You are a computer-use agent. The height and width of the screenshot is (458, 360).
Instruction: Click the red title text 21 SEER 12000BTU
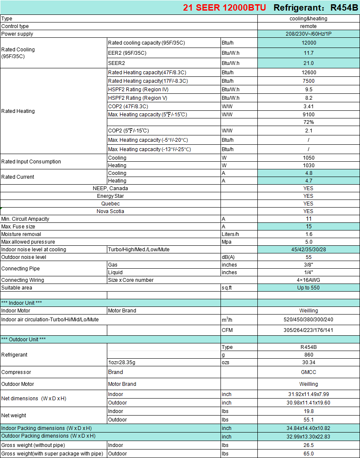(x=225, y=8)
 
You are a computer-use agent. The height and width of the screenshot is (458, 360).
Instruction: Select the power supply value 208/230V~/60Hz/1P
(x=308, y=34)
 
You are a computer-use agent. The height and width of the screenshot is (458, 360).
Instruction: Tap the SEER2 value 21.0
(x=308, y=63)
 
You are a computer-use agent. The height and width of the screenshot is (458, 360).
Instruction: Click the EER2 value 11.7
(x=308, y=53)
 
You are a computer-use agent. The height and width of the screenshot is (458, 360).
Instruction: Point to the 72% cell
(x=308, y=122)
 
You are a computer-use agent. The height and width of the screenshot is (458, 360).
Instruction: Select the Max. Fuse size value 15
(x=308, y=227)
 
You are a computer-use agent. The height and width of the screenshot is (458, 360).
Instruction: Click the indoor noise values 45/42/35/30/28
(x=308, y=250)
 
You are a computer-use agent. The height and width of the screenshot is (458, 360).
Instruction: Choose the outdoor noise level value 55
(x=308, y=257)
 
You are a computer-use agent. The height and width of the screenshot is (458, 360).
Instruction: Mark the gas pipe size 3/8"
(x=308, y=265)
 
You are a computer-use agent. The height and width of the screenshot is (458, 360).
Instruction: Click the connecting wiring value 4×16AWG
(x=308, y=280)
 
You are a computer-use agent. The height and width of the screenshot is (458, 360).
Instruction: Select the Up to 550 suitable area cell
(x=308, y=288)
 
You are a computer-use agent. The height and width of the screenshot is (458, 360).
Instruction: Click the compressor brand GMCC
(x=308, y=372)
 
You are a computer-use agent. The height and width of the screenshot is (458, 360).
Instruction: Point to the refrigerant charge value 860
(x=308, y=355)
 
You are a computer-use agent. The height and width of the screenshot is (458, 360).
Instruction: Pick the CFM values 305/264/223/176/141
(x=308, y=330)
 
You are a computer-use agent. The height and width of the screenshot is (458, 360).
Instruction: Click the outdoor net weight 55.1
(x=308, y=420)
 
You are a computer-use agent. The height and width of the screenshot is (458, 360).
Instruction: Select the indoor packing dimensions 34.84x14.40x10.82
(x=308, y=428)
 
